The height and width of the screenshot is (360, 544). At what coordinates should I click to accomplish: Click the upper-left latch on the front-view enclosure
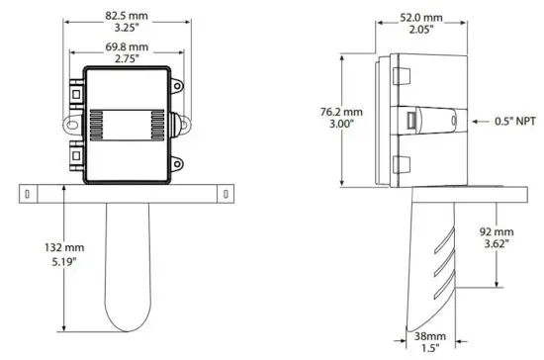74,93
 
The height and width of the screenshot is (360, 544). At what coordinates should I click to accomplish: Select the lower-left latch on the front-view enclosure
74,154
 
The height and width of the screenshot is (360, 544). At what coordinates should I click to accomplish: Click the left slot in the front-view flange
30,190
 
